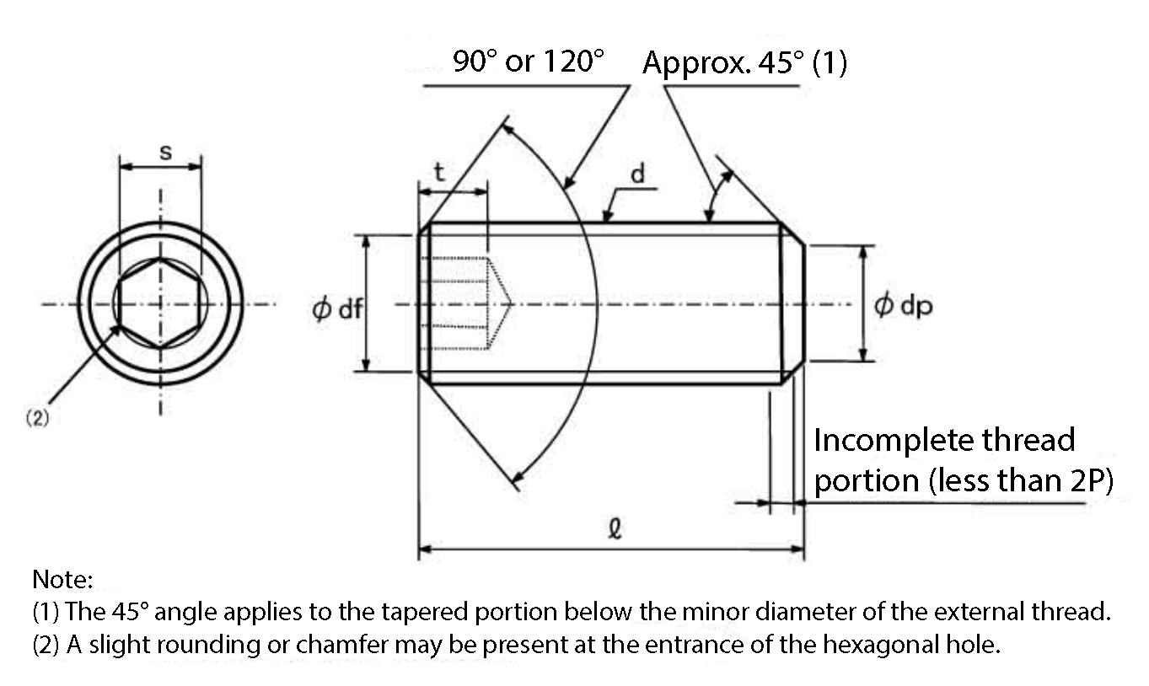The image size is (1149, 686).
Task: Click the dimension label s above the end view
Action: [x=166, y=153]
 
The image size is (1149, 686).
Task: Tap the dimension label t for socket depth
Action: [x=439, y=172]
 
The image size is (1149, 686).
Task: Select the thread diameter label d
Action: [x=637, y=174]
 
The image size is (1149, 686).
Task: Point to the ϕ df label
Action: [x=337, y=308]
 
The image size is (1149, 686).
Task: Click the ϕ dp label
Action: [x=904, y=306]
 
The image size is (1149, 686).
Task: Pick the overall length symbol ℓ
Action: [x=615, y=528]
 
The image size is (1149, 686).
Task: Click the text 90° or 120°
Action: [x=529, y=61]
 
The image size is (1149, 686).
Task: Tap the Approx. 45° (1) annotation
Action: [x=745, y=62]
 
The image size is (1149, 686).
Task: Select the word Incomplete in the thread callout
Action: [x=893, y=440]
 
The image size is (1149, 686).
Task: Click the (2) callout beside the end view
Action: [x=37, y=418]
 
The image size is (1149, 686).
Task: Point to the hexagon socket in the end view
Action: [x=160, y=303]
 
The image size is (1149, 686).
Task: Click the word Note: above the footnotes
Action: [x=62, y=579]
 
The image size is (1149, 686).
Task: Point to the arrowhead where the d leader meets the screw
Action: [x=607, y=216]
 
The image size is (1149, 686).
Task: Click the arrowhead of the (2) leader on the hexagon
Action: [x=116, y=330]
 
